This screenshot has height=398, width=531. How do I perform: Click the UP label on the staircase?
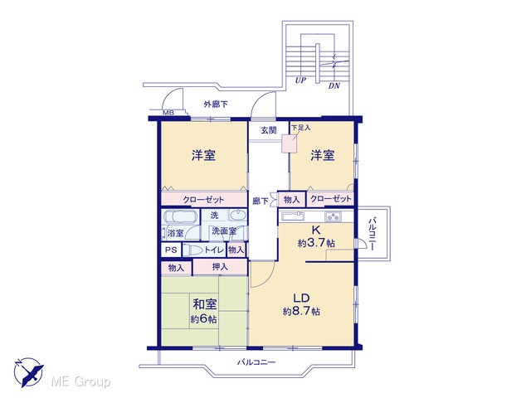click(300, 80)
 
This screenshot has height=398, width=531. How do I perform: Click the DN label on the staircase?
click(334, 86)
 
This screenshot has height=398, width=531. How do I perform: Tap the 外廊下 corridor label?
click(216, 104)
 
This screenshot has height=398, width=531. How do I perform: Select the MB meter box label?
click(168, 113)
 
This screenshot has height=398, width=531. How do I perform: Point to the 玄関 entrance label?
click(269, 130)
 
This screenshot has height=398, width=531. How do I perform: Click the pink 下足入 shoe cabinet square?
click(290, 143)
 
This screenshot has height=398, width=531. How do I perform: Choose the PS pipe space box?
click(171, 250)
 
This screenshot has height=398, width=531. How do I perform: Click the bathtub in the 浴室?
click(180, 216)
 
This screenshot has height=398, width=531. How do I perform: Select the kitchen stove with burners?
click(334, 216)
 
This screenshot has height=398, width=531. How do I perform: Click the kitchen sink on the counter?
click(293, 216)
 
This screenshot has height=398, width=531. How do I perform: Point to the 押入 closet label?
click(220, 267)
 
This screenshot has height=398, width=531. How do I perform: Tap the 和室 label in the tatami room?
click(205, 304)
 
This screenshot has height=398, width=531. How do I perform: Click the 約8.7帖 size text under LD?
click(301, 312)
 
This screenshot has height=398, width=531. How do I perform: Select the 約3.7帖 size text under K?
click(316, 243)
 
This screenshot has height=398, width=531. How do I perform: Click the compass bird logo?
click(28, 372)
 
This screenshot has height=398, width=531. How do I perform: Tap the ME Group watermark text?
click(80, 382)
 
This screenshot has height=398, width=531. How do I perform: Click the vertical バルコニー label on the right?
click(373, 234)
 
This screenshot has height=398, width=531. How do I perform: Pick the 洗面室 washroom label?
click(224, 231)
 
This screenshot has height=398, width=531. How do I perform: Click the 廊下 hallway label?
click(261, 201)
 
